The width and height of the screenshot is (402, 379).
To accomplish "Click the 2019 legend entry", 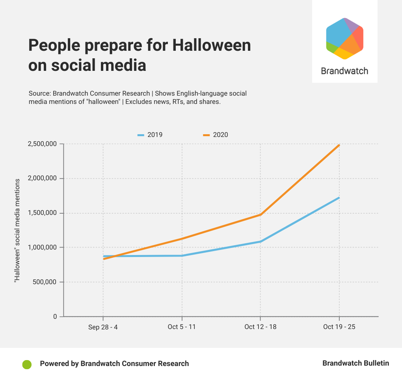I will click(150, 135).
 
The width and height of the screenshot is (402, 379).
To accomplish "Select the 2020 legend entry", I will click(216, 135).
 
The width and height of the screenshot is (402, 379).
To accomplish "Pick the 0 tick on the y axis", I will click(55, 316).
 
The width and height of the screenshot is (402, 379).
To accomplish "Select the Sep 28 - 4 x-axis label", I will click(103, 327).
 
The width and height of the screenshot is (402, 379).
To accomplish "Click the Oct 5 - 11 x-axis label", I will click(182, 327).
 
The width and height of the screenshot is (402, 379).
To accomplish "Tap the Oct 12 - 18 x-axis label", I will click(260, 327).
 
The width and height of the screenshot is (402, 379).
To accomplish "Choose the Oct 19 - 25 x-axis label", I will click(339, 327).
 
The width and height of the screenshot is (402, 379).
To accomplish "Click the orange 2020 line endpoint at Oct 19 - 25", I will click(339, 145).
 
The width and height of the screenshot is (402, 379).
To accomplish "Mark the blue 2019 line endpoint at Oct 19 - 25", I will click(339, 198).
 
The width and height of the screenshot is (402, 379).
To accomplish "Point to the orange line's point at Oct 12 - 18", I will click(260, 214).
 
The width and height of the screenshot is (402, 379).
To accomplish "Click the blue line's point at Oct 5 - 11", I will click(182, 255).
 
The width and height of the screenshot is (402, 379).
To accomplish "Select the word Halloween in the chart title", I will click(212, 45).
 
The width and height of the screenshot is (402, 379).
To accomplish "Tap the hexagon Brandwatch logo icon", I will click(344, 39).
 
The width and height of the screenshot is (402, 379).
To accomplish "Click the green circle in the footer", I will click(27, 364).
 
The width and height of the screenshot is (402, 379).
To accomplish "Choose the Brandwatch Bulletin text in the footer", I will click(355, 363).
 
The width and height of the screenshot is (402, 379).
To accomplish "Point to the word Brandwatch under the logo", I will click(344, 71).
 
